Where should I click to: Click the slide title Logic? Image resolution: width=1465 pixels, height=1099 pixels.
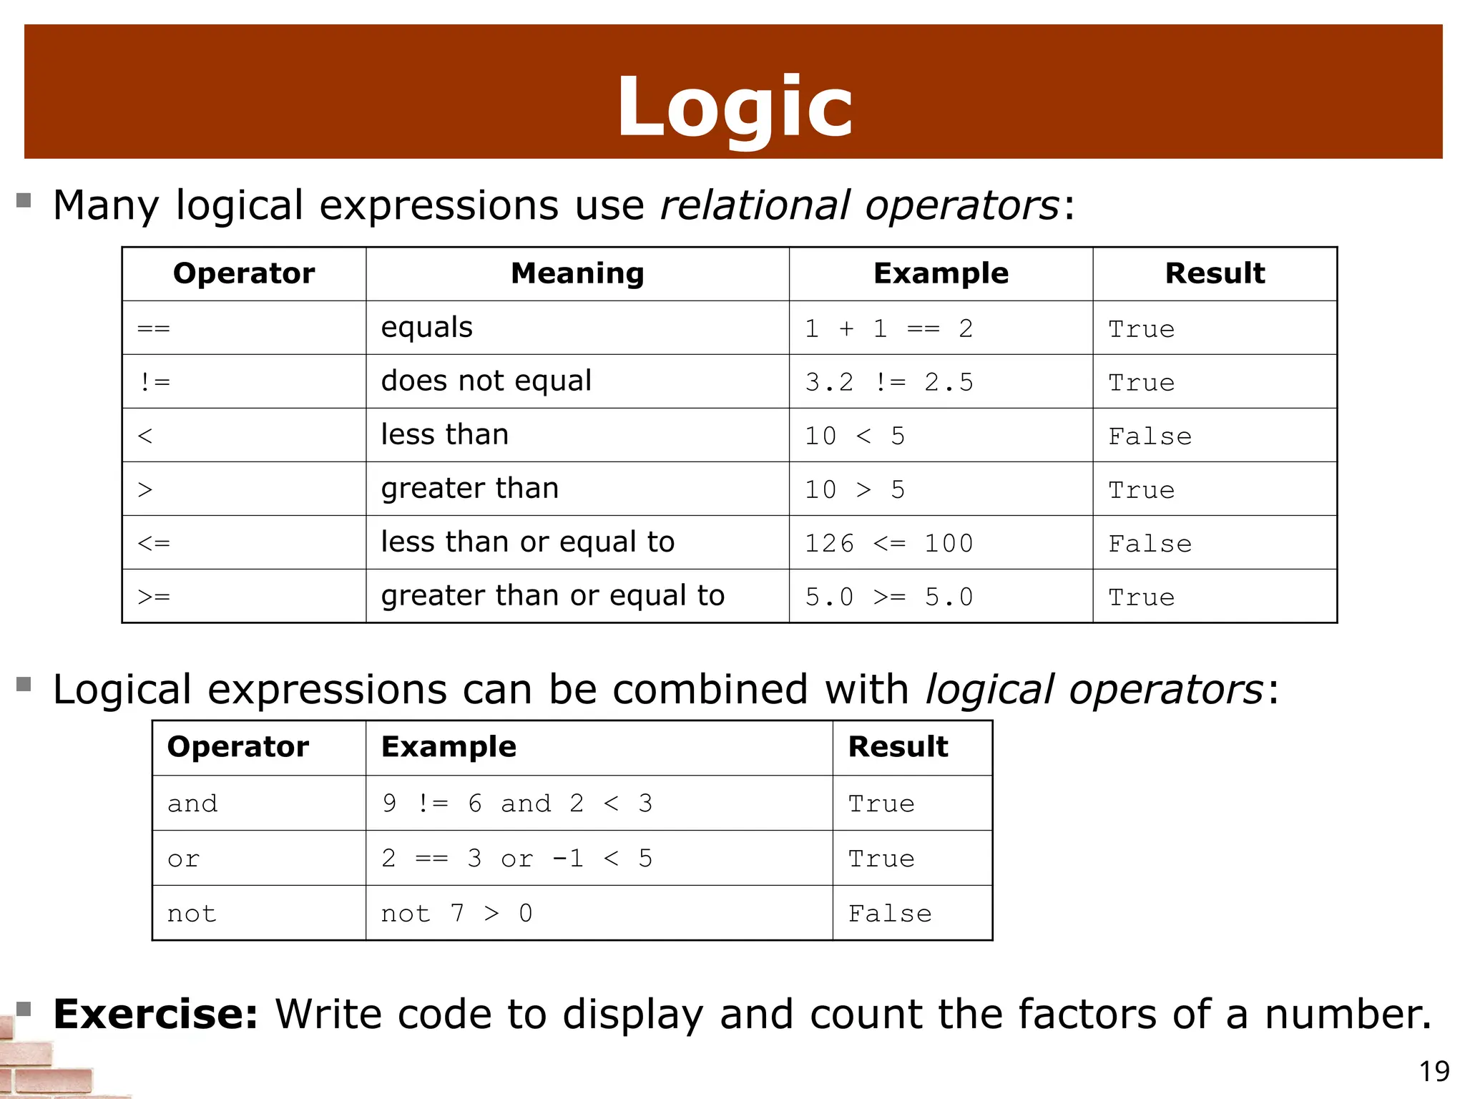coord(735,107)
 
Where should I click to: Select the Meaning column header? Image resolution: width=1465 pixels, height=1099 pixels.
coord(577,273)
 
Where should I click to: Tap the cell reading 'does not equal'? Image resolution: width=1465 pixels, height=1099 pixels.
coord(486,381)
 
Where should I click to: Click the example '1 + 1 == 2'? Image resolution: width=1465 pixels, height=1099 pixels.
coord(888,328)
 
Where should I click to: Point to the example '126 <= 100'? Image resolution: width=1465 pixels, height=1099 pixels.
coord(888,543)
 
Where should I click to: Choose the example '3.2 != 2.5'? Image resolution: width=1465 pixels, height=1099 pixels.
coord(888,382)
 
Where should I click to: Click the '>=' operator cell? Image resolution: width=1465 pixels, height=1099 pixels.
coord(154,597)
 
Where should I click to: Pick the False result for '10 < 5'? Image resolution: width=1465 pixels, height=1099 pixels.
coord(1150,436)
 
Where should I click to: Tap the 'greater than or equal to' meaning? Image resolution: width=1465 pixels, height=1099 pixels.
coord(552,595)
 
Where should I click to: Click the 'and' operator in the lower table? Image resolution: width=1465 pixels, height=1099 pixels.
coord(192,804)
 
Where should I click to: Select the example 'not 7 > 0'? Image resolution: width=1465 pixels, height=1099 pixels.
coord(456,913)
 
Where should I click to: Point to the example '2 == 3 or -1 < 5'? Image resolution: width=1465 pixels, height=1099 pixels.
coord(516,858)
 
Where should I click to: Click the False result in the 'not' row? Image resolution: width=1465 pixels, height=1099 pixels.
coord(890,914)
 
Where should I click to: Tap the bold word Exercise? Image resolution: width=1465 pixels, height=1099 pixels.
coord(155,1014)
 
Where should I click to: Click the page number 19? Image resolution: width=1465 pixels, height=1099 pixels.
coord(1434,1071)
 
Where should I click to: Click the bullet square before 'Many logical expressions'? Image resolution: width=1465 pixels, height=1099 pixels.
coord(24,200)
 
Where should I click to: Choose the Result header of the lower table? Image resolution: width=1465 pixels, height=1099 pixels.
coord(898,746)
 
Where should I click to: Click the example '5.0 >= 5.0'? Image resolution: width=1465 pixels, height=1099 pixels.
coord(888,597)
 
